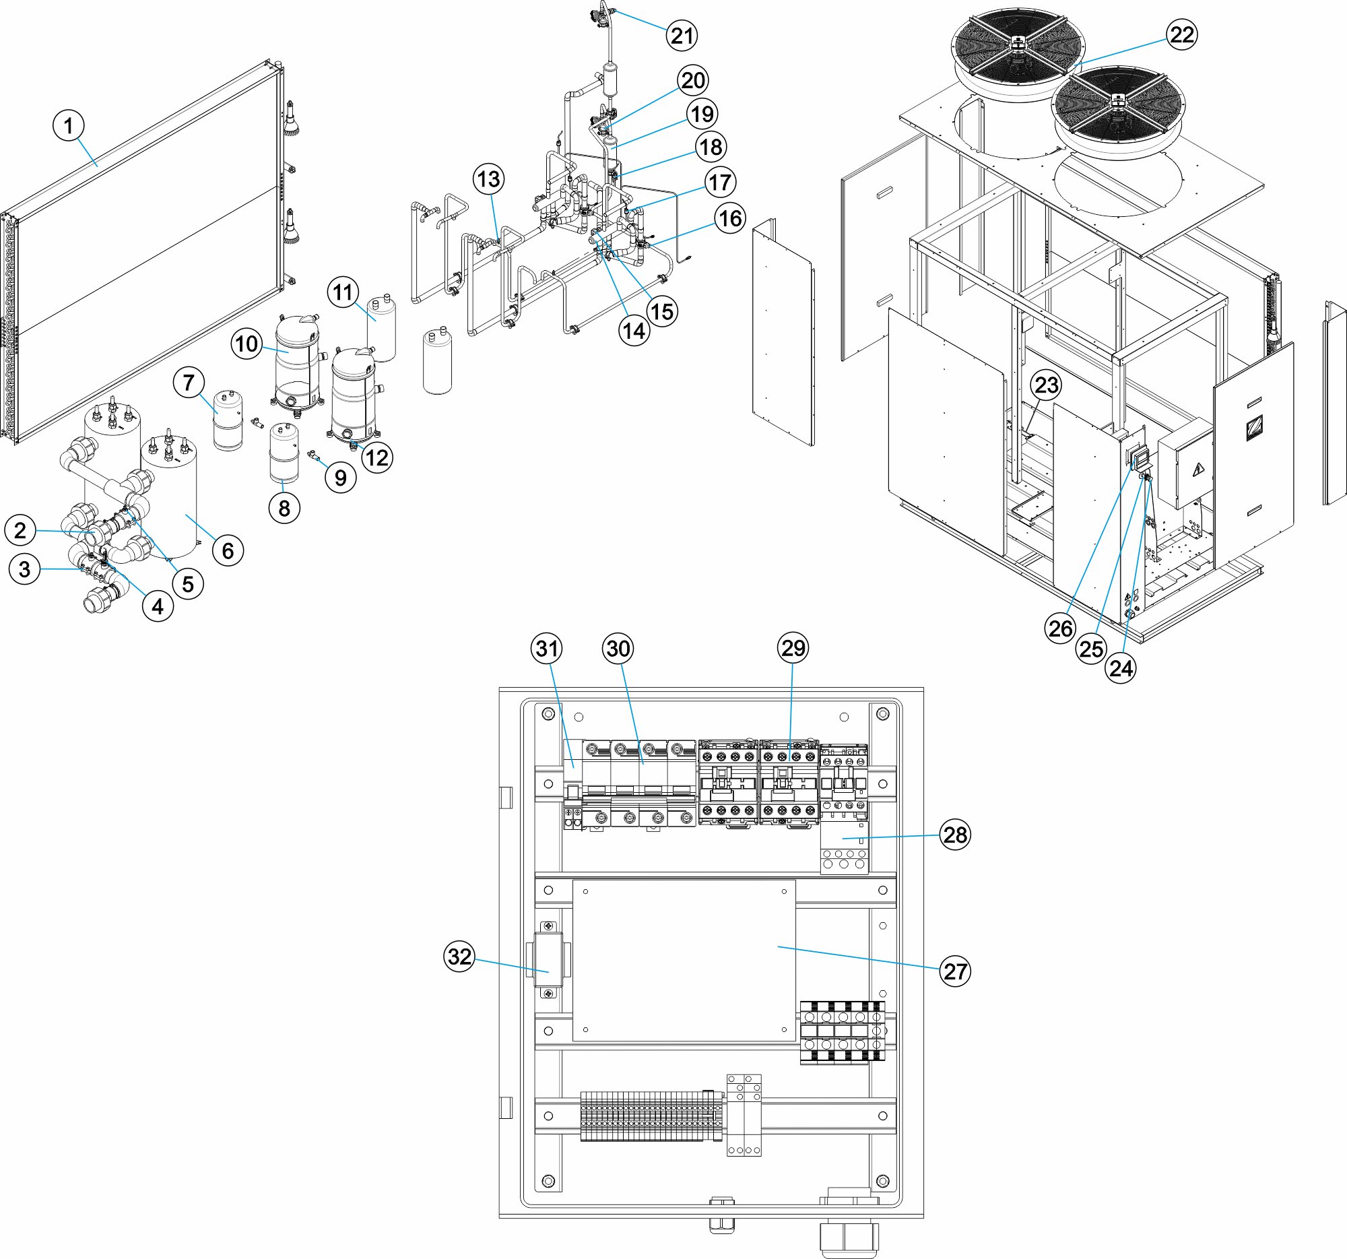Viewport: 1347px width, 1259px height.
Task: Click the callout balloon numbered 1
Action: (x=68, y=125)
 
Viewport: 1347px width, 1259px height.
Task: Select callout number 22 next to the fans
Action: (x=1182, y=34)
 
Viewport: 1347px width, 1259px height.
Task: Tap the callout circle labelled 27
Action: (x=956, y=971)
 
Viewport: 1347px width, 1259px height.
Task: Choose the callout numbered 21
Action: (x=682, y=35)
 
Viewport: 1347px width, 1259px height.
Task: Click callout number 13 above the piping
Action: (x=488, y=179)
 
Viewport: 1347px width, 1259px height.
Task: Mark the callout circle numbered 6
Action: (x=228, y=550)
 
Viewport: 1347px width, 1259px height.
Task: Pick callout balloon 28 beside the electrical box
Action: (x=956, y=834)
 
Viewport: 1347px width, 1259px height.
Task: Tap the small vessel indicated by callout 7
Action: (x=228, y=420)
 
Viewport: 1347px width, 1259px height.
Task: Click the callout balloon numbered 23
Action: (x=1046, y=385)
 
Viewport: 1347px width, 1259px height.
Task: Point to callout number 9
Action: (x=341, y=478)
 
